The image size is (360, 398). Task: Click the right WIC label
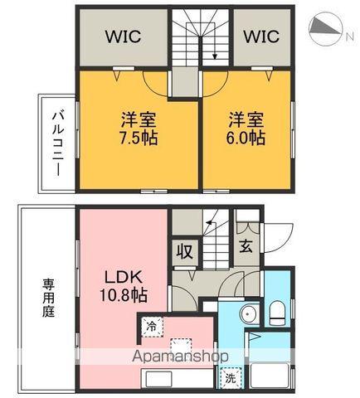click(x=261, y=37)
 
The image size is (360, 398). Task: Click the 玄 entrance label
click(x=246, y=245)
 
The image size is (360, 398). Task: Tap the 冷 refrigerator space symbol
click(x=152, y=326)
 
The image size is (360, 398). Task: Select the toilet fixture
click(x=277, y=313)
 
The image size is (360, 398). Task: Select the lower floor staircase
click(x=213, y=240)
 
